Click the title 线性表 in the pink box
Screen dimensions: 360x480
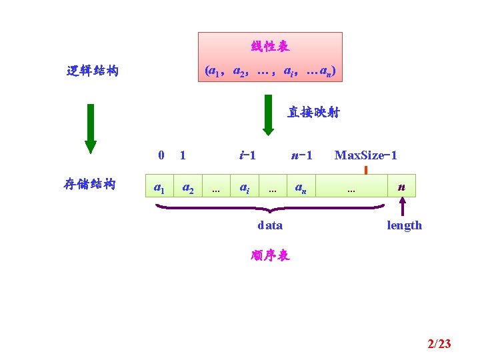[270, 47]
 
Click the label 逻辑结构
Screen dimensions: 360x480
[93, 71]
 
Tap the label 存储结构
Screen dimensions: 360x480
[90, 184]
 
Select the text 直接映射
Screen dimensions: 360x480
[313, 113]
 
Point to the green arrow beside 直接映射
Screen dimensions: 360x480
[268, 114]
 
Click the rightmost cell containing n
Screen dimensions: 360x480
[401, 186]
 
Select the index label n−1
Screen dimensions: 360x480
[302, 155]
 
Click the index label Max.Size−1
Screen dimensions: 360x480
[366, 155]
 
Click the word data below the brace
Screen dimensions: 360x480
[270, 225]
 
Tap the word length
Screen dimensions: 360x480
[404, 225]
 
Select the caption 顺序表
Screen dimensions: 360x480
[270, 256]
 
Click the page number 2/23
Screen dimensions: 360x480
[439, 344]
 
